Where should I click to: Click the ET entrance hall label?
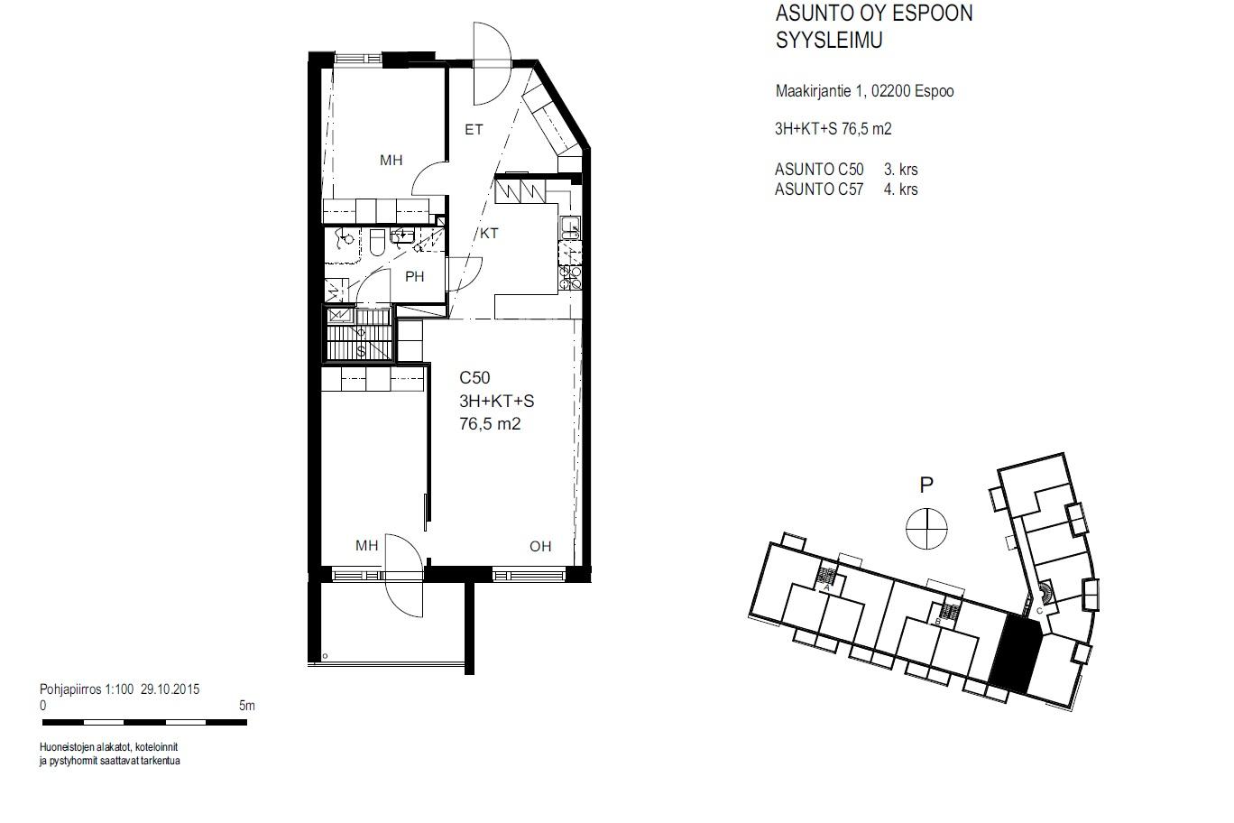coord(474,130)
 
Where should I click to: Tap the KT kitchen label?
coord(489,233)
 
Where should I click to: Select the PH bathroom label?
coord(415,276)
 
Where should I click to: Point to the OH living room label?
coord(540,546)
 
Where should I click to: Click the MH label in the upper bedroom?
coord(391,161)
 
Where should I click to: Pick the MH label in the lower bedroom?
coord(367,546)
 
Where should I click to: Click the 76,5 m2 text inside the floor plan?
coord(490,424)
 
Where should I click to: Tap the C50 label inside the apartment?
coord(474,377)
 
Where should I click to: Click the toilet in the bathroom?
coord(377,242)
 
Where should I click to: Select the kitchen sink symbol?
coord(570,227)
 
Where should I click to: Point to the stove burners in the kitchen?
coord(570,277)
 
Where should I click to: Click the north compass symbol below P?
coord(926,528)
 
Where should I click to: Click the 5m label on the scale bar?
coord(247,706)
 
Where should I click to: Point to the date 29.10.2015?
coord(170,689)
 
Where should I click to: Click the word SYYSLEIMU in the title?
coord(829,41)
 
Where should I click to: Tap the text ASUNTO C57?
coord(819,190)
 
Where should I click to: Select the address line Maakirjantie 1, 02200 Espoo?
coord(864,91)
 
